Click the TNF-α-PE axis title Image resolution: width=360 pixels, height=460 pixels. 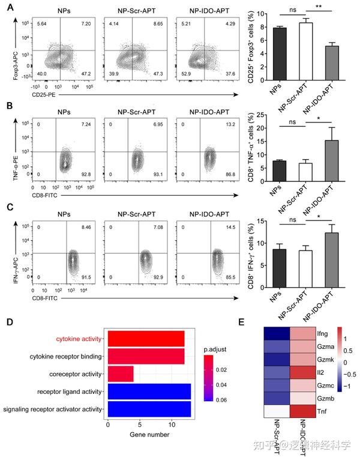(8, 158)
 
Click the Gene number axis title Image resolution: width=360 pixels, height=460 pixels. (148, 434)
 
